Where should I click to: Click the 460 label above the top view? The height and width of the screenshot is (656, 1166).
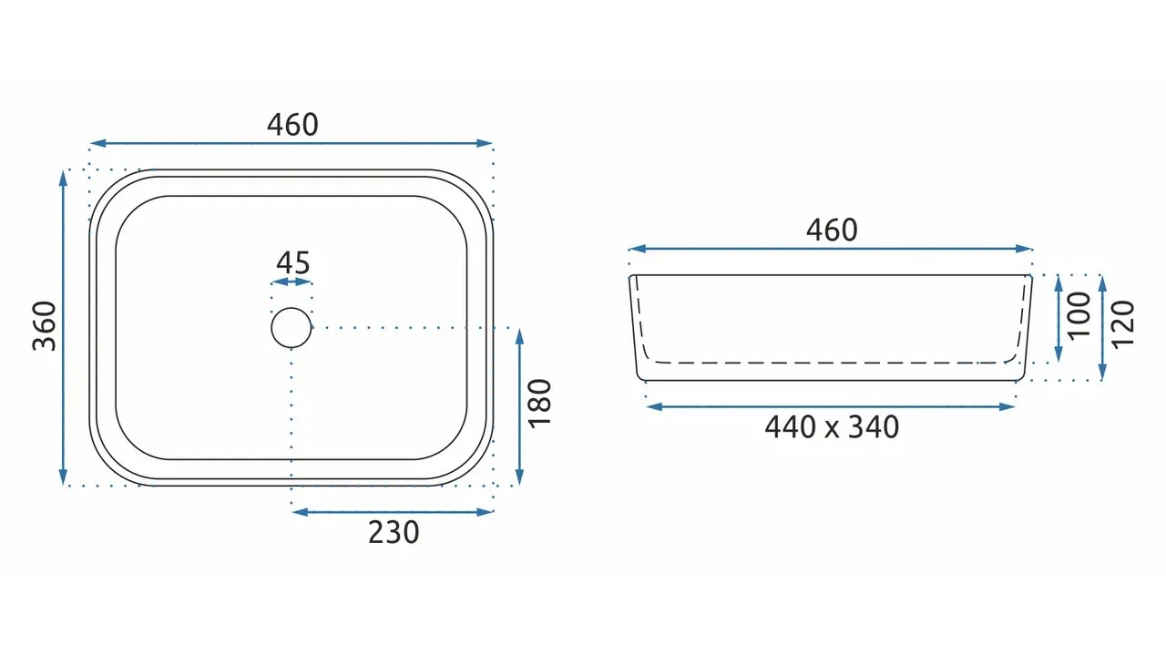pyautogui.click(x=292, y=125)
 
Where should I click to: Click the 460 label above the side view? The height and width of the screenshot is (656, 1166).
pyautogui.click(x=832, y=231)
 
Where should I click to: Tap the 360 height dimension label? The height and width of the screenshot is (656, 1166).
pyautogui.click(x=45, y=326)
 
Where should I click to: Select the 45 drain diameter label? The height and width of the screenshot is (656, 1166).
pyautogui.click(x=293, y=263)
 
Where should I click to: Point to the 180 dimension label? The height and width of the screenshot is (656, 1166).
pyautogui.click(x=540, y=404)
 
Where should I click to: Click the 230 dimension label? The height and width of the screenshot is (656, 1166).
pyautogui.click(x=394, y=533)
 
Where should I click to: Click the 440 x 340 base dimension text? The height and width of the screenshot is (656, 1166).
pyautogui.click(x=832, y=427)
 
